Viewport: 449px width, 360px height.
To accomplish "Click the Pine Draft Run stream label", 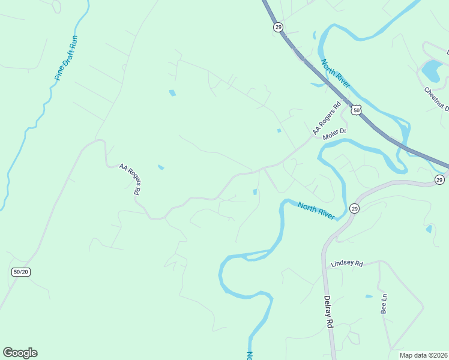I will click(x=66, y=58).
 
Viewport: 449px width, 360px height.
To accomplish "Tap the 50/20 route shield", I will click(x=20, y=272).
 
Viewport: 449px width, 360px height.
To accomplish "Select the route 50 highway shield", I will click(x=357, y=110).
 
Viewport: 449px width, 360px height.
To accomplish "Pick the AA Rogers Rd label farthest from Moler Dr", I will click(x=130, y=179).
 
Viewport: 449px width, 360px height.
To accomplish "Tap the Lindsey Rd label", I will click(x=348, y=263).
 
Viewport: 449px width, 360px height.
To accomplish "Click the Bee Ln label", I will click(x=384, y=304).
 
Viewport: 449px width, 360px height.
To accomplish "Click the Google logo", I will click(x=20, y=353).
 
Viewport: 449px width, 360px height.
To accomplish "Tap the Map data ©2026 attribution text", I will click(x=423, y=355).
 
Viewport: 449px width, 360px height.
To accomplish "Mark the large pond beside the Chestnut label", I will click(x=432, y=71).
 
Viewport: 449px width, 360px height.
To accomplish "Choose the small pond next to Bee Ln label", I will click(x=369, y=296).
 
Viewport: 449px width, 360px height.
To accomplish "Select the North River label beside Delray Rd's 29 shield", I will click(x=316, y=210).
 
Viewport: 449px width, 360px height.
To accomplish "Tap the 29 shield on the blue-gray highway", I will click(x=278, y=27).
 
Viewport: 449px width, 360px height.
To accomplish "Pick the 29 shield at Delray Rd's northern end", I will click(x=354, y=208).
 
